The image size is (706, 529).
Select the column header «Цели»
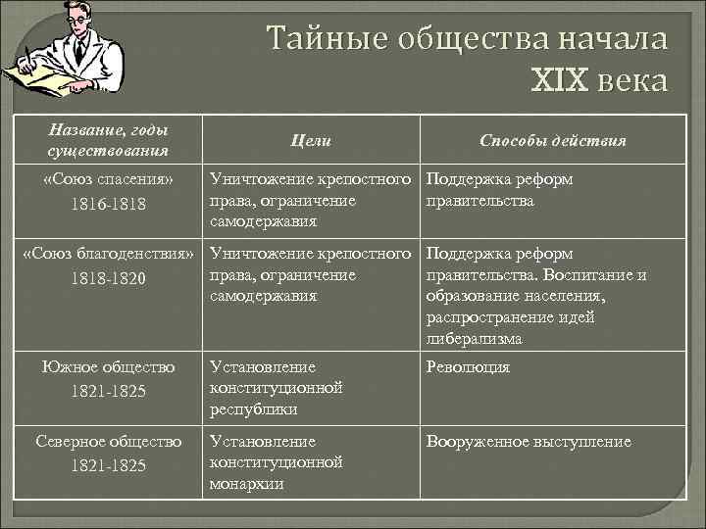(311, 141)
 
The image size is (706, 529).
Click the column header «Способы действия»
(553, 141)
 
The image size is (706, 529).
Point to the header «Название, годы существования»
(108, 140)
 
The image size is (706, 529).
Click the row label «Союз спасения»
(109, 180)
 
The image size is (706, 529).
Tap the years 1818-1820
(108, 279)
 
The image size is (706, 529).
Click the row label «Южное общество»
(108, 367)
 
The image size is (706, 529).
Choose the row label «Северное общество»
(108, 442)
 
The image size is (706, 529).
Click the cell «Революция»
(469, 367)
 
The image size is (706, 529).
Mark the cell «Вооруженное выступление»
(529, 442)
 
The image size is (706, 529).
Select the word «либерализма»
(475, 339)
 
